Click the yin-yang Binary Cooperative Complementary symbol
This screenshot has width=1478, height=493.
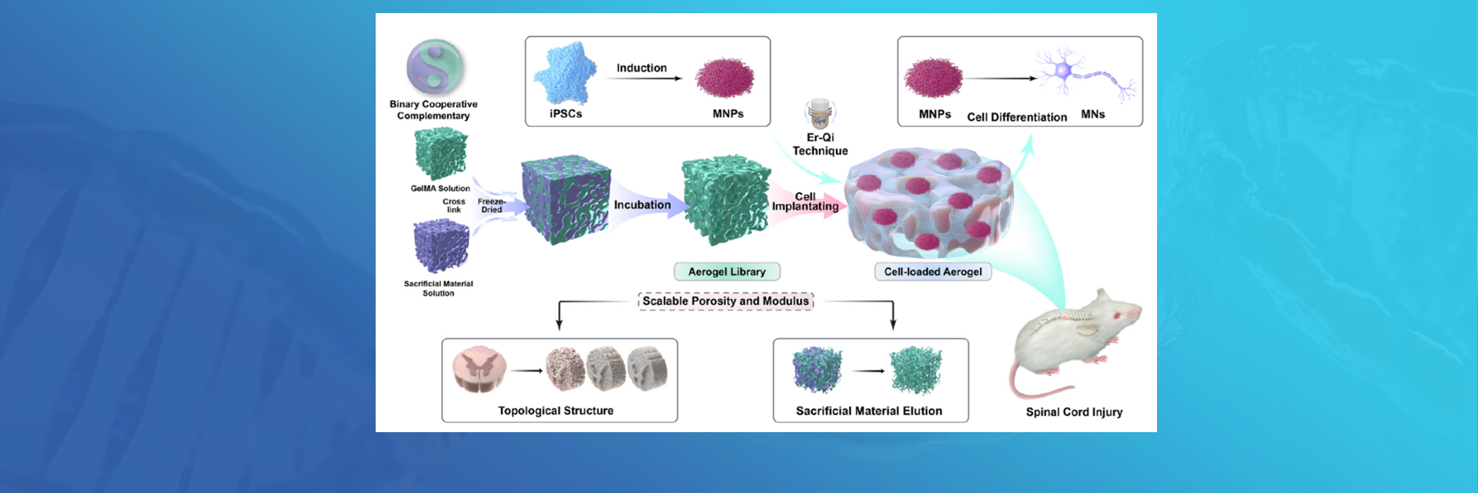coord(435,68)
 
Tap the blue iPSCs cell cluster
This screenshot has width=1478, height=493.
coord(567,75)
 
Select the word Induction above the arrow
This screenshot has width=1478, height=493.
coord(641,68)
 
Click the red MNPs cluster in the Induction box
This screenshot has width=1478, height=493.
coord(724,79)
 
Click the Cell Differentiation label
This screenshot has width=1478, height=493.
coord(1017,117)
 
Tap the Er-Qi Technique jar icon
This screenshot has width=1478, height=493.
coord(820,113)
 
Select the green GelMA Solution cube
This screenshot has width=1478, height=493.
coord(440,154)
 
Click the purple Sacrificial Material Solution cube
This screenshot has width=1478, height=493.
coord(440,245)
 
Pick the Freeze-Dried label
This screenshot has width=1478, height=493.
coord(491,206)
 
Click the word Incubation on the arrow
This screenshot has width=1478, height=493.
coord(642,205)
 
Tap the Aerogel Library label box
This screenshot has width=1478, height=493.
coord(727,272)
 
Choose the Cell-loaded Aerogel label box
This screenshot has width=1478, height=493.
coord(933,272)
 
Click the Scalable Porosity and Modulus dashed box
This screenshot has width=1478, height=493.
coord(725,301)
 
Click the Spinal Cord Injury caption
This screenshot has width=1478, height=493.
coord(1074,412)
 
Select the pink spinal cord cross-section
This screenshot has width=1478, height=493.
coord(479,369)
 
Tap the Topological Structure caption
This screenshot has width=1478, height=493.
coord(555,411)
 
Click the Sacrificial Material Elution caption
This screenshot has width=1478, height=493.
coord(868,411)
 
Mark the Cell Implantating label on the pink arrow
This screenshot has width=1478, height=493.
coord(805,202)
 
